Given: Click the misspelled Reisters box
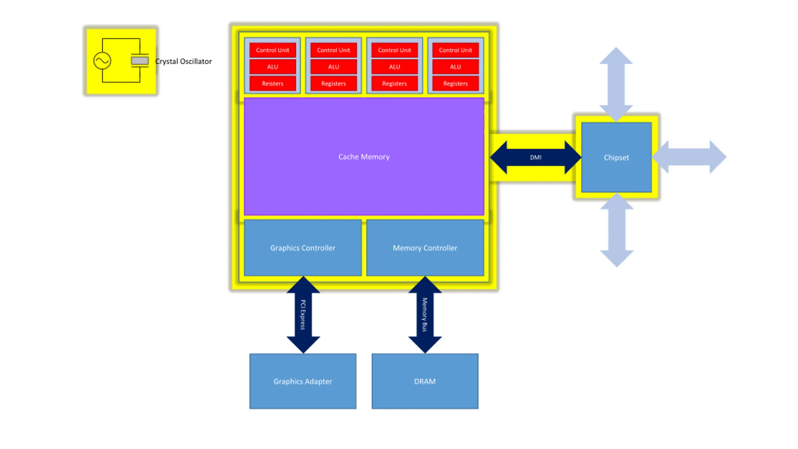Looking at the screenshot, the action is [272, 83].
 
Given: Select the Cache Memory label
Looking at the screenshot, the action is [364, 157].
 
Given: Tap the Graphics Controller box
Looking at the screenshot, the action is [303, 248].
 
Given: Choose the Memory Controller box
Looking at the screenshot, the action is [425, 248].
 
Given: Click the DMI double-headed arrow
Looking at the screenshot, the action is [536, 157].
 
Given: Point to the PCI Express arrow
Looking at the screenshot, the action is [303, 315].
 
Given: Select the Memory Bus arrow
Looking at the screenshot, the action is [425, 315].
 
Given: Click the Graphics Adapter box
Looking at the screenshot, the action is [303, 381].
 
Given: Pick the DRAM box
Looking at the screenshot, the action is [425, 381].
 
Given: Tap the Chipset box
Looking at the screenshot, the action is [616, 157].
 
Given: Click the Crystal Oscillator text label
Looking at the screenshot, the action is [184, 61].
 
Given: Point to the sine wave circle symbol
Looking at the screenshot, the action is [102, 60].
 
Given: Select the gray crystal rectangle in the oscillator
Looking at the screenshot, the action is [140, 60].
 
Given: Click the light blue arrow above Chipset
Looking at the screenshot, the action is [616, 84].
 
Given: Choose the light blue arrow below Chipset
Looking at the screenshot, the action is [617, 230].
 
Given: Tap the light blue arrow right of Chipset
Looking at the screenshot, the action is [689, 157].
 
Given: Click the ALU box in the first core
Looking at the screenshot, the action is [272, 67].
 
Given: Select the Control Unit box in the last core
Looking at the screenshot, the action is [455, 50].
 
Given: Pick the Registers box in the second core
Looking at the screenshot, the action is [334, 83].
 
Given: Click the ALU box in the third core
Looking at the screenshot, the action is [394, 67].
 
